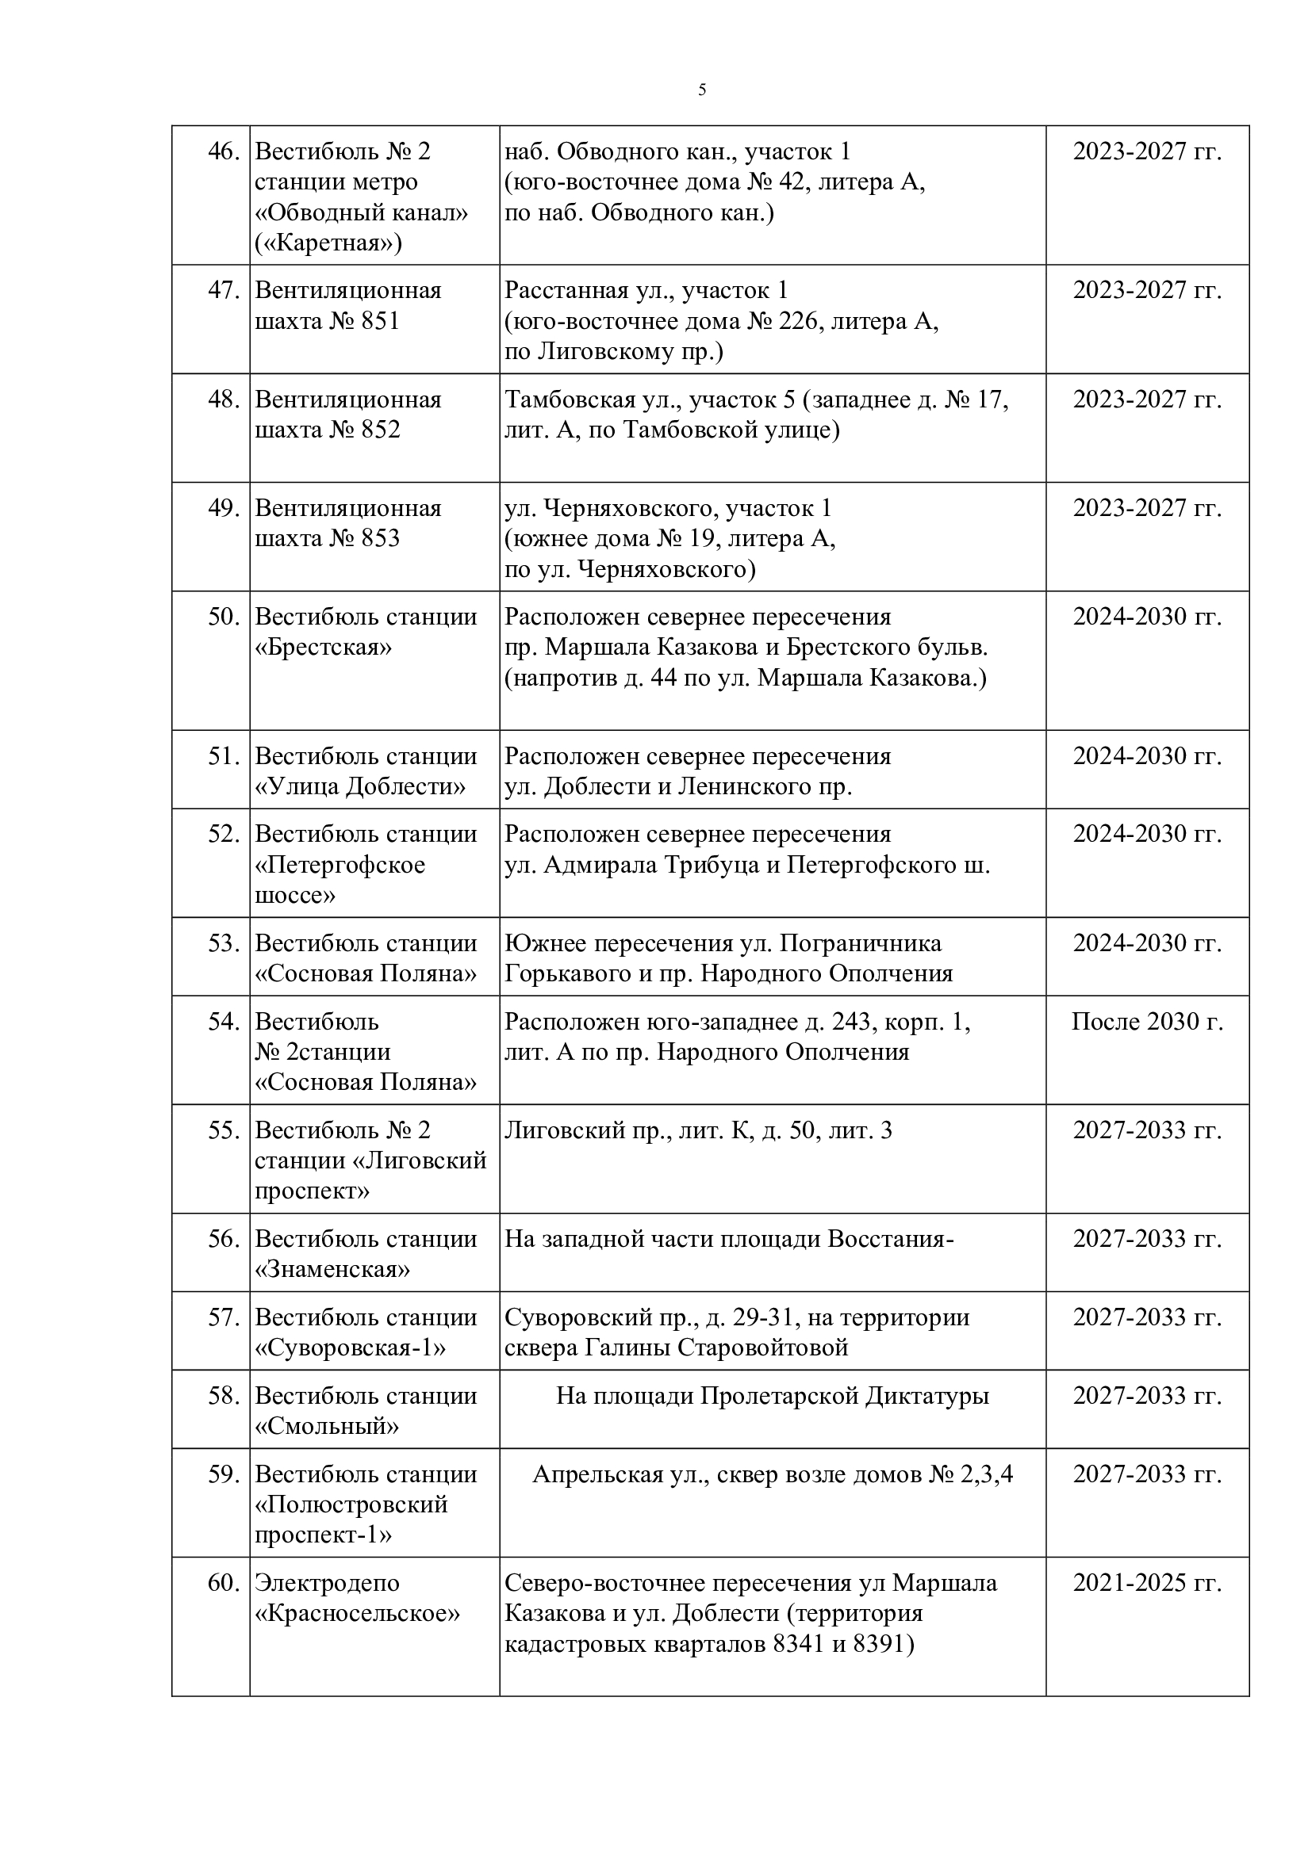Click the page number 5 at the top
701,90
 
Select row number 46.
223,152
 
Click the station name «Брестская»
323,648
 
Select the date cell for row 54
1146,1023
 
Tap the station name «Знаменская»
332,1269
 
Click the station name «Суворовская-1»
350,1347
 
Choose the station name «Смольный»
326,1426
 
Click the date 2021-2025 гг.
1146,1583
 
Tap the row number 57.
223,1318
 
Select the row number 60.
223,1583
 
